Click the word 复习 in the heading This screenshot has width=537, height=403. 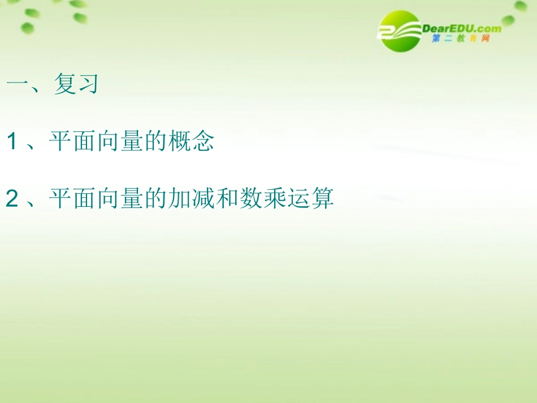click(76, 85)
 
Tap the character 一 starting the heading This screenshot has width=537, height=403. click(18, 85)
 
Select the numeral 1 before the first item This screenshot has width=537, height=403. click(12, 142)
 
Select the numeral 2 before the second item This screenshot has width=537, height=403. click(12, 199)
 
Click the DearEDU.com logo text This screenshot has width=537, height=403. click(461, 28)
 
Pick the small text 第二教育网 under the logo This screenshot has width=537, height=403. click(459, 39)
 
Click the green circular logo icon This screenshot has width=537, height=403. click(400, 31)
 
